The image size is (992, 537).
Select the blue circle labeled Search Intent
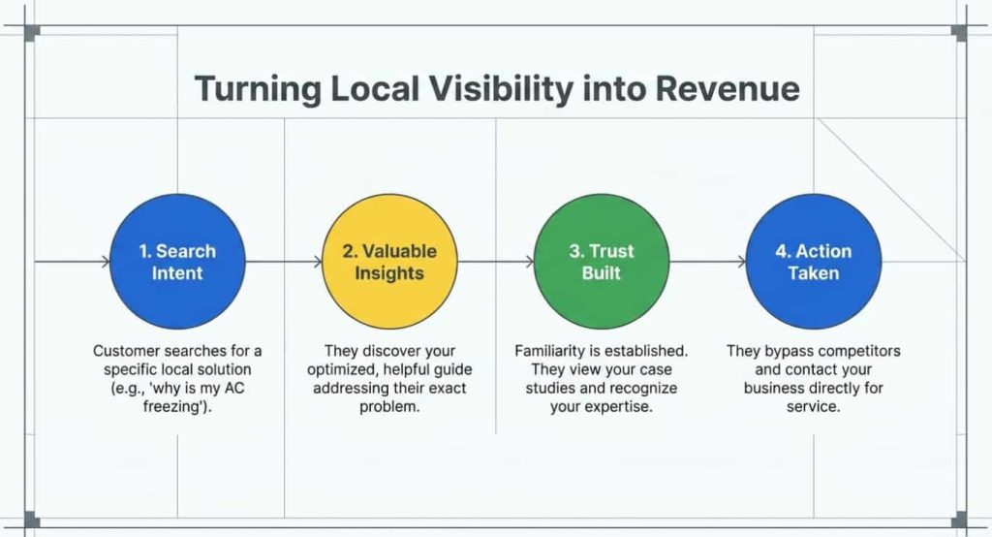pyautogui.click(x=177, y=262)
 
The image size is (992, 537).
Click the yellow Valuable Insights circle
pyautogui.click(x=389, y=262)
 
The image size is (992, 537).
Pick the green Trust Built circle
pyautogui.click(x=602, y=262)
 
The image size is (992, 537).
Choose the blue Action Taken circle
pyautogui.click(x=814, y=262)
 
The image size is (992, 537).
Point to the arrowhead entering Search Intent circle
pyautogui.click(x=105, y=262)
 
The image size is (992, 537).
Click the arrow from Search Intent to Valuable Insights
pyautogui.click(x=283, y=262)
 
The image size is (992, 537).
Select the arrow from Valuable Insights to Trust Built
pyautogui.click(x=495, y=262)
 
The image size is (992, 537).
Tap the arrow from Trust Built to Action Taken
pyautogui.click(x=707, y=262)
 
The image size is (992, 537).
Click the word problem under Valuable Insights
pyautogui.click(x=389, y=407)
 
